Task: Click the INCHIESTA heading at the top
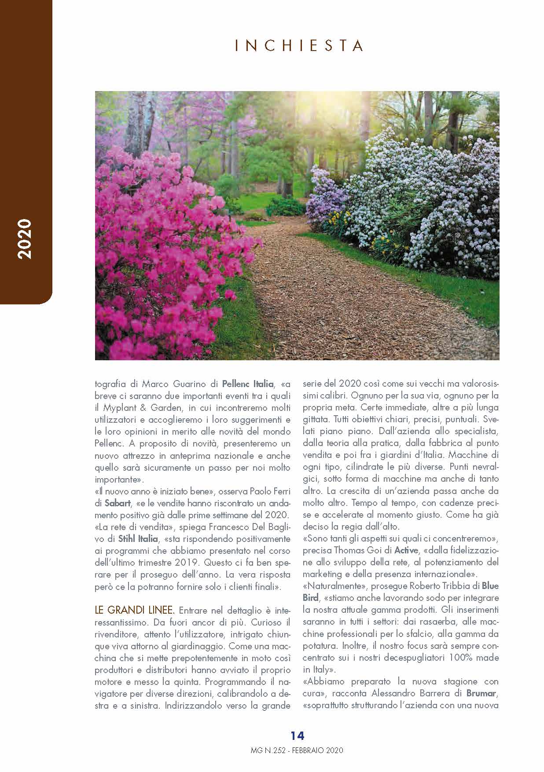[299, 46]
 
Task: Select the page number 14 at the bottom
[297, 735]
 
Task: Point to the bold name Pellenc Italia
[248, 384]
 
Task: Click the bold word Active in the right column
[406, 550]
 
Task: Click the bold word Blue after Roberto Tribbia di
[490, 586]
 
